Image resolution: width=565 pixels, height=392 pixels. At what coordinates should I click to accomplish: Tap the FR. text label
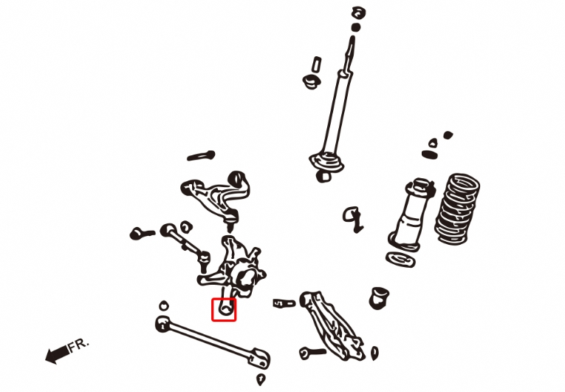pos(78,345)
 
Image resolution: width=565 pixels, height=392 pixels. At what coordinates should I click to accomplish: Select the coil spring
pos(458,209)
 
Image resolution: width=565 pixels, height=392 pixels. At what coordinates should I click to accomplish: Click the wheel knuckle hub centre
pos(245,278)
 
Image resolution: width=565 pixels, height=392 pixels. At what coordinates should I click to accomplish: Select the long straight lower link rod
pos(213,340)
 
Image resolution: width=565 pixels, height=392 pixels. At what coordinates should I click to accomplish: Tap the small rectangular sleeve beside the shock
pos(316,64)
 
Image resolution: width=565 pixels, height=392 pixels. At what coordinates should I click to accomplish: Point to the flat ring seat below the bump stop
pos(400,260)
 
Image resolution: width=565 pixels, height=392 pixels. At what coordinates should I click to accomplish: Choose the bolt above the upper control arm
pos(201,156)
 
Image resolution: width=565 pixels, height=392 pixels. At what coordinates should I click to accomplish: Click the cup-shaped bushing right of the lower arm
pos(379,298)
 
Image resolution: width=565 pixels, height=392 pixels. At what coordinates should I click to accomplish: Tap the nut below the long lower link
pos(261,379)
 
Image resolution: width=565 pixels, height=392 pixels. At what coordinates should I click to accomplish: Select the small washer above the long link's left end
pos(164,306)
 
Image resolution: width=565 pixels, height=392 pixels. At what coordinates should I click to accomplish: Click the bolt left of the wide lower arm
pos(312,353)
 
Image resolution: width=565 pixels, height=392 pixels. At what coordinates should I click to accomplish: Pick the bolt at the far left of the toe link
pos(142,234)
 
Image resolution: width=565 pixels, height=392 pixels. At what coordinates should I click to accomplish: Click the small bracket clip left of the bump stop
pos(353,219)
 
